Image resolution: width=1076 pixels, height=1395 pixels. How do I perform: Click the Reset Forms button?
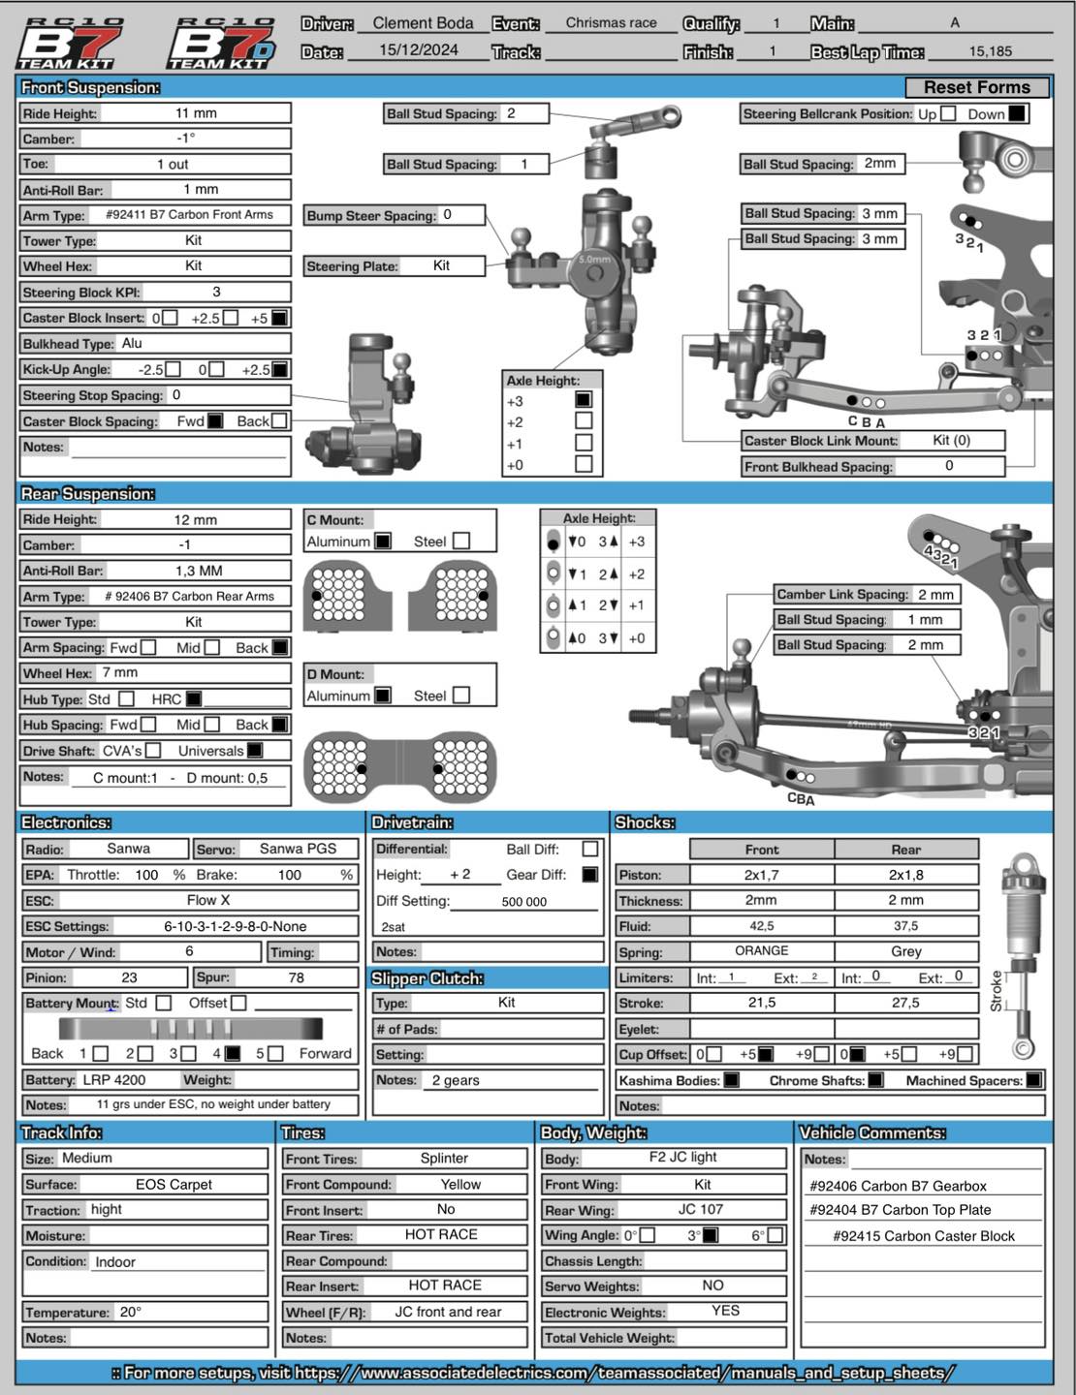976,88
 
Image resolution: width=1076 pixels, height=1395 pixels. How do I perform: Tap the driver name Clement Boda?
423,23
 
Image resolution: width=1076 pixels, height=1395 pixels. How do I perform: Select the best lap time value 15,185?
990,51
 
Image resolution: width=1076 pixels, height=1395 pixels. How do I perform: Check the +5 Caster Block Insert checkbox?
279,318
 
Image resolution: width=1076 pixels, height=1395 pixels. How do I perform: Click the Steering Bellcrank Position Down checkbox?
1016,113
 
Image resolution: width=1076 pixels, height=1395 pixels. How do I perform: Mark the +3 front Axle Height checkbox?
584,399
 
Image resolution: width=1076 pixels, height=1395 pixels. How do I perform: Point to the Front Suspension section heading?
90,88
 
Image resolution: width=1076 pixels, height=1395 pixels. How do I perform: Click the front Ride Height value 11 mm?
196,113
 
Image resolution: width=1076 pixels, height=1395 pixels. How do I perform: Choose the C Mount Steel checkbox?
461,541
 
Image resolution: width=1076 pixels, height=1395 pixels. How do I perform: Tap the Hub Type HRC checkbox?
194,698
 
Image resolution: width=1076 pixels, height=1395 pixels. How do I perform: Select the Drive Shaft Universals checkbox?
255,750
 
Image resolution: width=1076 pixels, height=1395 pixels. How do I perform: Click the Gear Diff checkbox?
589,874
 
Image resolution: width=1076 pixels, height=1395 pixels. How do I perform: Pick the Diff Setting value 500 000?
524,901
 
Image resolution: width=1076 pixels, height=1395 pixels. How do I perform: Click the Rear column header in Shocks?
905,850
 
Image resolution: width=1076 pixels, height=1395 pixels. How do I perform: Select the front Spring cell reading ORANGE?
761,951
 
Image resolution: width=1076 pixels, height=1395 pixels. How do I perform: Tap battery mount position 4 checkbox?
233,1053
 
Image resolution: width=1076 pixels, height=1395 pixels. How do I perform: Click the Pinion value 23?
129,977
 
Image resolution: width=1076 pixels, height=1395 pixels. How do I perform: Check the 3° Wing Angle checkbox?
711,1235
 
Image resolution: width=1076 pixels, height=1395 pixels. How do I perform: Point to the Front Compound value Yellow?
460,1184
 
